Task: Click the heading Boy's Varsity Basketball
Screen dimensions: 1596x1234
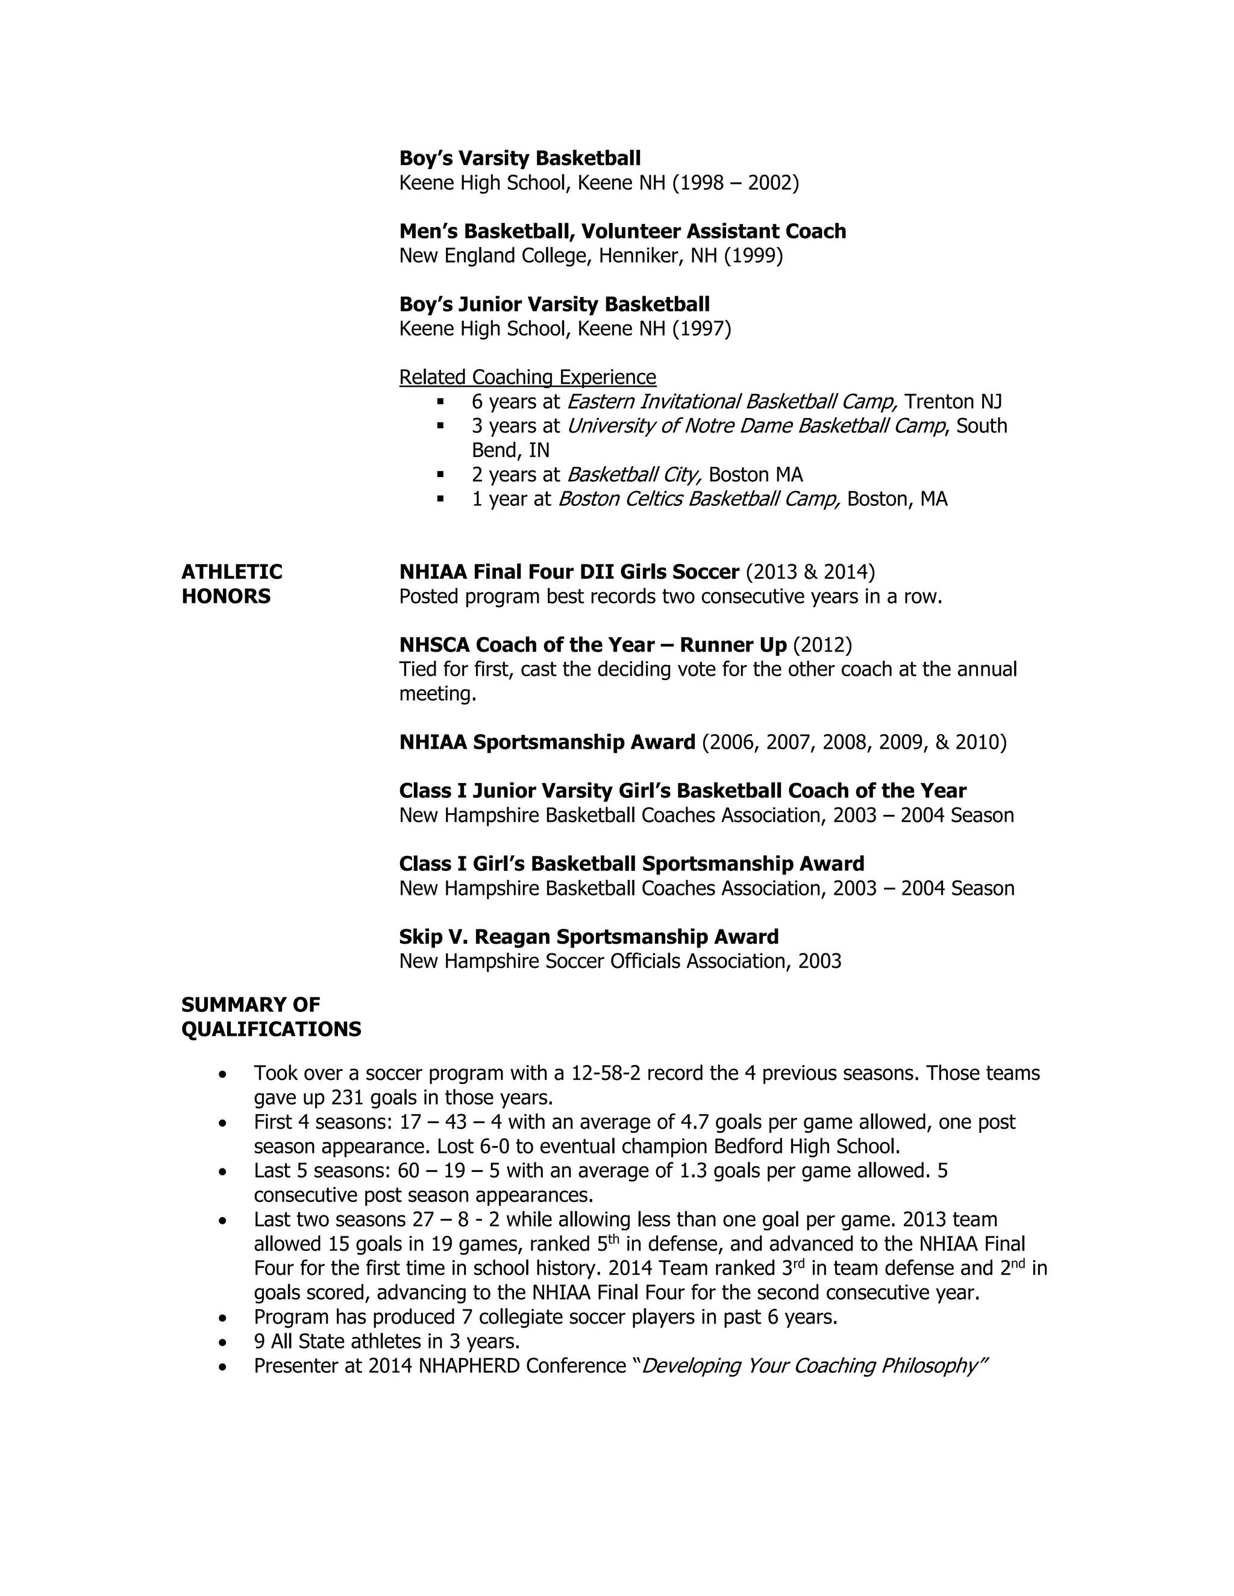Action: click(520, 158)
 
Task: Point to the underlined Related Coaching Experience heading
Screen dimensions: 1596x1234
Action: click(527, 377)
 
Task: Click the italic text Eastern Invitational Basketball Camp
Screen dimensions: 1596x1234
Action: click(731, 402)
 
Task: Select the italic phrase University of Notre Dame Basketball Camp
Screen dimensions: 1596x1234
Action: click(756, 426)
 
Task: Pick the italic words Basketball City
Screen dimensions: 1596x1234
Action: click(634, 475)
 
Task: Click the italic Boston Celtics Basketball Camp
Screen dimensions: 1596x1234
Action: click(699, 499)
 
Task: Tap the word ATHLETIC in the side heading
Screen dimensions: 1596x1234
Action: click(232, 572)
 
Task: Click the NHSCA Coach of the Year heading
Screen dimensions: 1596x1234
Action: click(593, 644)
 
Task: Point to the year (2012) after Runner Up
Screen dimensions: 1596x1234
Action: click(822, 644)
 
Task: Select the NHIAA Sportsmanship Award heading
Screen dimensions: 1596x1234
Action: click(547, 743)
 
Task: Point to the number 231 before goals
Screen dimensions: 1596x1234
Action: click(348, 1097)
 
